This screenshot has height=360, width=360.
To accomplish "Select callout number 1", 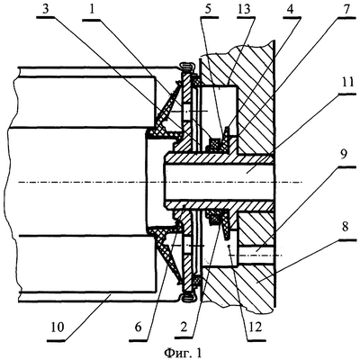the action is (x=92, y=9).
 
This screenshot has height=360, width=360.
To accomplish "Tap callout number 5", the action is (x=209, y=9).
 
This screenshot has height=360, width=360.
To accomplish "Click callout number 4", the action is (x=290, y=9).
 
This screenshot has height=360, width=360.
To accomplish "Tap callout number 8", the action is (x=345, y=227).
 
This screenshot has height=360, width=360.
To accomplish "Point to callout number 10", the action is (x=58, y=327).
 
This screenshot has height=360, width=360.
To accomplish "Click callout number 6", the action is (x=138, y=327).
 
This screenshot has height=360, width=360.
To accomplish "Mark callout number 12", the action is (x=256, y=327).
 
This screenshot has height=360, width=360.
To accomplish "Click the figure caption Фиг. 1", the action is (x=183, y=352).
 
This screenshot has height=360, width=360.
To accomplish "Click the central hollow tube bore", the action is (x=219, y=181).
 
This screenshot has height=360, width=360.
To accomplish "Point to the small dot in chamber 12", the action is (x=229, y=246).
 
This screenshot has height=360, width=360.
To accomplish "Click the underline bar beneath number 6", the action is (x=139, y=340).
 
